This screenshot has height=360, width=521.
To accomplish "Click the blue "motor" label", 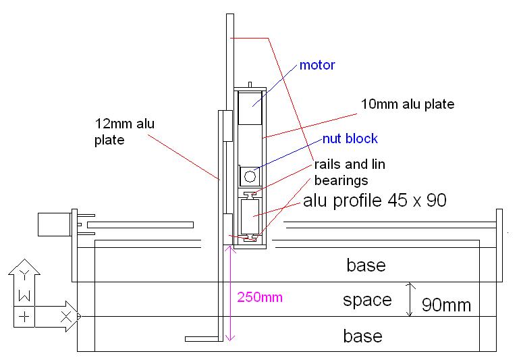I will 317,66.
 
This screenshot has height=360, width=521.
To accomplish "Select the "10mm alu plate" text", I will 408,105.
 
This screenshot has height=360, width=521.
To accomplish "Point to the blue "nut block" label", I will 350,139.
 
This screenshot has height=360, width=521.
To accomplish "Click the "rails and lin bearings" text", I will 349,172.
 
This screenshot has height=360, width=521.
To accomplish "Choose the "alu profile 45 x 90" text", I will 375,201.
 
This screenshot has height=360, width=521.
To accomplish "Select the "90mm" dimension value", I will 446,305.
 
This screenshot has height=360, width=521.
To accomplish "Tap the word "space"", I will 367,300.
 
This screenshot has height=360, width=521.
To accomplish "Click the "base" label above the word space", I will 366,265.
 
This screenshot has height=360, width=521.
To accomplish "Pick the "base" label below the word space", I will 363,336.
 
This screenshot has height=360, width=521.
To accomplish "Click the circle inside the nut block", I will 250,177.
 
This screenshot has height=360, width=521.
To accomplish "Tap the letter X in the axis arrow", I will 66,316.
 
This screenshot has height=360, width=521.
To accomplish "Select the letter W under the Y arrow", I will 25,295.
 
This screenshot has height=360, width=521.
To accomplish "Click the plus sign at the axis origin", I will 25,316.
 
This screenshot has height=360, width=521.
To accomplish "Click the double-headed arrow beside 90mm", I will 409,300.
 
